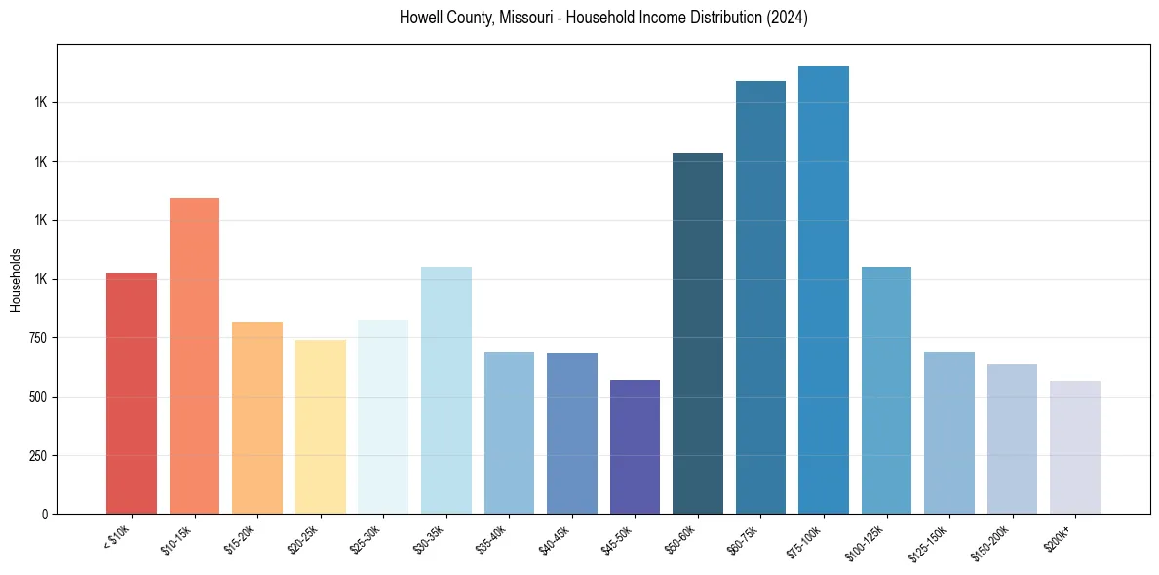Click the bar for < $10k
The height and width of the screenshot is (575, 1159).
(132, 394)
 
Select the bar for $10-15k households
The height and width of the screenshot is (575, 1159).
(194, 356)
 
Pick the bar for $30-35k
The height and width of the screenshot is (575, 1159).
(445, 390)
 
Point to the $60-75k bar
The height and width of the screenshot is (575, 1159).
(760, 297)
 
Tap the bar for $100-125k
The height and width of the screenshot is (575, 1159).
(886, 390)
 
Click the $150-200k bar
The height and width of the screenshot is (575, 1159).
(1012, 439)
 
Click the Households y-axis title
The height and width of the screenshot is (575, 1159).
(16, 280)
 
